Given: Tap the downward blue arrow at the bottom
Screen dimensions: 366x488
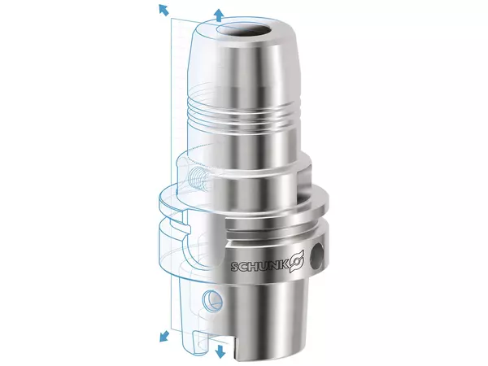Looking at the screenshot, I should tap(219, 350).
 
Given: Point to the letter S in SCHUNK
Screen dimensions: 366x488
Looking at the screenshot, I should tap(236, 267).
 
